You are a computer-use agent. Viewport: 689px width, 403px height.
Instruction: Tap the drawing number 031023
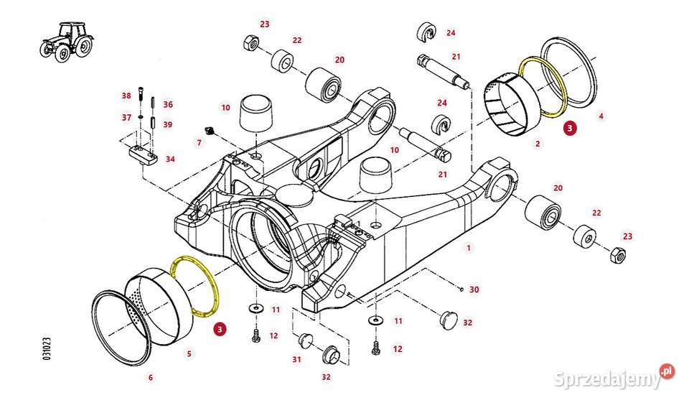tap(47, 349)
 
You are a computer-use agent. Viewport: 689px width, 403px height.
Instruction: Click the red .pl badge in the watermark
tap(667, 371)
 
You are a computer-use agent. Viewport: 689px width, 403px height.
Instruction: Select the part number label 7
tap(199, 142)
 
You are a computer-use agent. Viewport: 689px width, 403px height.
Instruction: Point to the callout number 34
tap(170, 159)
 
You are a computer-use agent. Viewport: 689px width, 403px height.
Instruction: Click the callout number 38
tap(126, 96)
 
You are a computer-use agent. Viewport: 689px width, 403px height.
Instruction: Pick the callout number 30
tap(474, 289)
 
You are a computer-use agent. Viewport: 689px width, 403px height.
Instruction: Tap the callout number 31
tap(297, 359)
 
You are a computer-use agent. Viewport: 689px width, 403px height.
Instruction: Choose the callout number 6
tap(151, 377)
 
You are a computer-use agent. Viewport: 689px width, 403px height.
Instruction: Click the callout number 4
tap(601, 116)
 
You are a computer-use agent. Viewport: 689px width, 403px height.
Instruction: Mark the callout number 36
tap(168, 104)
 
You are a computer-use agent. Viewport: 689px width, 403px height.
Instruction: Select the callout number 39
tap(167, 124)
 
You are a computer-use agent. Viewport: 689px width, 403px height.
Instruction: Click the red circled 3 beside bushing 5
tap(220, 328)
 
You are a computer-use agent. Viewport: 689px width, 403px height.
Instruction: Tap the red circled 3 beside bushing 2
tap(570, 129)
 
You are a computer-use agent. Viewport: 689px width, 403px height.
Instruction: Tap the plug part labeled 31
tap(305, 340)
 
